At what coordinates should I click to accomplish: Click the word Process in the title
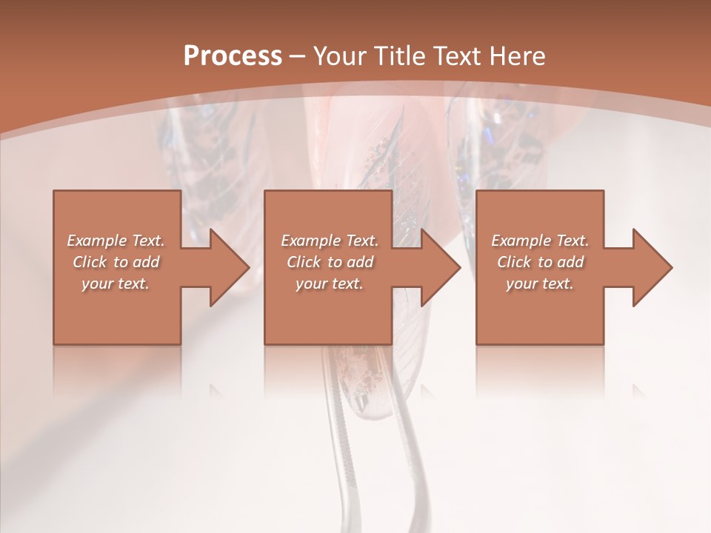click(233, 56)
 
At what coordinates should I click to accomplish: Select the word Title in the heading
click(399, 56)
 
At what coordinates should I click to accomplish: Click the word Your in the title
click(341, 56)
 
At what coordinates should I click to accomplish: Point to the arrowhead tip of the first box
click(249, 267)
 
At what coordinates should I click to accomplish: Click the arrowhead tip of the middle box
click(460, 267)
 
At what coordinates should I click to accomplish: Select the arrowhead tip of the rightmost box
click(672, 267)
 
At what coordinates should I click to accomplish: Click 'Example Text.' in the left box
click(116, 241)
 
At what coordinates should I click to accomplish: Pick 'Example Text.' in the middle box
click(330, 241)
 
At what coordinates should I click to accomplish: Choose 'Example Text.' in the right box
click(540, 241)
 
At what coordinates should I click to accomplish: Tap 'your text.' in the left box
click(116, 284)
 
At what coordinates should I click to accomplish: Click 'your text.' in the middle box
click(330, 284)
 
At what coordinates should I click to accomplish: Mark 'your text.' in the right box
click(540, 284)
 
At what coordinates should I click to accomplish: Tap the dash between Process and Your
click(298, 56)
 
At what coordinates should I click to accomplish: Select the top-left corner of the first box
click(54, 192)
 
